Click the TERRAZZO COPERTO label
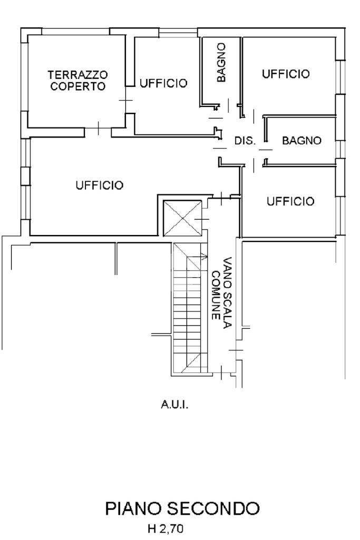[x=77, y=80]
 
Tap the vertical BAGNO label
[x=221, y=62]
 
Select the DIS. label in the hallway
[x=245, y=141]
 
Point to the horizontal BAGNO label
[x=302, y=141]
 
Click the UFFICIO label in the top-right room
[x=286, y=74]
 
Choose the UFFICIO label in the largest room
[x=100, y=185]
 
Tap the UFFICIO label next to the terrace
[x=163, y=83]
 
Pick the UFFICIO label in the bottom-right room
[x=291, y=201]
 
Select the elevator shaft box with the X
[x=182, y=218]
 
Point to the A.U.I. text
[x=174, y=404]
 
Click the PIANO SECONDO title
[x=182, y=508]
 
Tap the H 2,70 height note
[x=166, y=528]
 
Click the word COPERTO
[x=78, y=86]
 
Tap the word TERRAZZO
[x=77, y=75]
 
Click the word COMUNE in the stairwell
[x=216, y=296]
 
